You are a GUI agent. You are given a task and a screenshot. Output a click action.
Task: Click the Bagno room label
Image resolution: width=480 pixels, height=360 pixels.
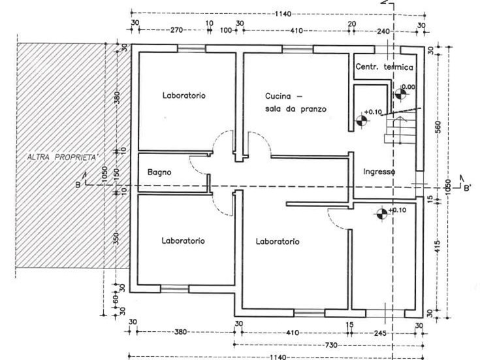(159, 172)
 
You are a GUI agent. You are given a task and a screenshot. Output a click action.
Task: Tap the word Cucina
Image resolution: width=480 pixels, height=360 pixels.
(278, 96)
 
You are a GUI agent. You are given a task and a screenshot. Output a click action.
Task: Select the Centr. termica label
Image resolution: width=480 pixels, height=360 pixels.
(384, 67)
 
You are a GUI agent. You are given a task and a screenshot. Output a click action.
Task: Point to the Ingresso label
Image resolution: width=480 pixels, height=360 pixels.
(379, 172)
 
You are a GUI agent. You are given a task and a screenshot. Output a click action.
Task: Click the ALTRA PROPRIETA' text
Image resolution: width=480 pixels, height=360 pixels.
(63, 157)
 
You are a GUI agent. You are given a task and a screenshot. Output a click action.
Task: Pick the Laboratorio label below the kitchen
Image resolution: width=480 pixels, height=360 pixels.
(278, 242)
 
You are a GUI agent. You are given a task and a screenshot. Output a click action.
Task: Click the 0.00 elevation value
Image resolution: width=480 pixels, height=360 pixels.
(408, 87)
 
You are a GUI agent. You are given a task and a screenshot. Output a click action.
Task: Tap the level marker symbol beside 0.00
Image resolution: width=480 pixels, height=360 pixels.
(400, 93)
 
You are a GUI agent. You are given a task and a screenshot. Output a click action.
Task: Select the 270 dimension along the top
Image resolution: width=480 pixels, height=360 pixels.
(176, 30)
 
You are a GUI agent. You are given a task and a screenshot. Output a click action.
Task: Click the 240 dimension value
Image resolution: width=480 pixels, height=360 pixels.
(383, 31)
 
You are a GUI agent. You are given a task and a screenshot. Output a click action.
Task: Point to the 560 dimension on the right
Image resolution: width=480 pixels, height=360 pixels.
(438, 127)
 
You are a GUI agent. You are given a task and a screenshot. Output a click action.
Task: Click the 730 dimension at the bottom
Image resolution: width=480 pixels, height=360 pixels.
(331, 345)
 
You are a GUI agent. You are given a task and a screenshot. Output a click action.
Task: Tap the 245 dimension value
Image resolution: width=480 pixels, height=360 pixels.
(379, 333)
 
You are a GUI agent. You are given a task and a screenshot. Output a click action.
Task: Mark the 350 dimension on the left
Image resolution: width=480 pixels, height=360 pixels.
(116, 238)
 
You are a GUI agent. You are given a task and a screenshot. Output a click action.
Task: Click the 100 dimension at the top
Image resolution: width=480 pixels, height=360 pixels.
(226, 30)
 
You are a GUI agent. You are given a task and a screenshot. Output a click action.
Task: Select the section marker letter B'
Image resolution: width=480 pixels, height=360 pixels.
(468, 188)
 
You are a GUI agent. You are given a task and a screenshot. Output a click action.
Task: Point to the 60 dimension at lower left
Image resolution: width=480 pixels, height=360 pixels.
(116, 299)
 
